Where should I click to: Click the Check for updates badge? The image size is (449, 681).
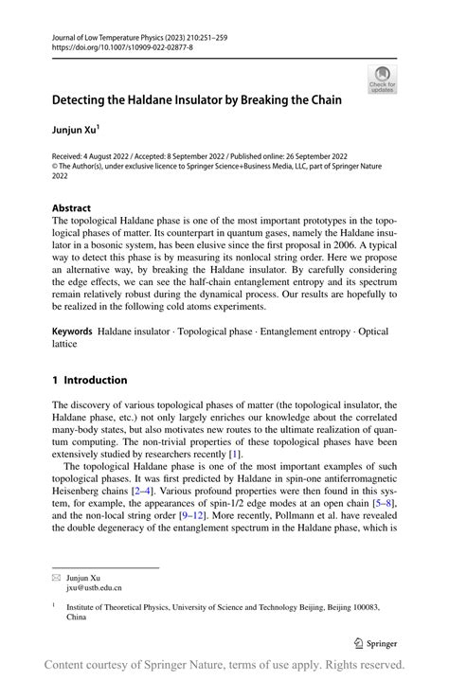[x=382, y=79]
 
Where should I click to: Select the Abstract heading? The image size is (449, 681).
[x=71, y=208]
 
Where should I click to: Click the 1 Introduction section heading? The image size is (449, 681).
[x=89, y=380]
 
